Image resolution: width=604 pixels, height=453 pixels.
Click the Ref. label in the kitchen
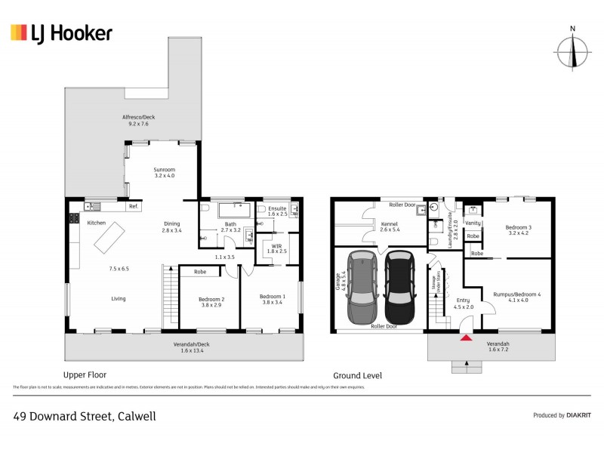pyautogui.click(x=134, y=206)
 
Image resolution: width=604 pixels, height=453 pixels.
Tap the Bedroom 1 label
pyautogui.click(x=272, y=300)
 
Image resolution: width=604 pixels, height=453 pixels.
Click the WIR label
pyautogui.click(x=277, y=248)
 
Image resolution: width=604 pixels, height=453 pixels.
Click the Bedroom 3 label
pyautogui.click(x=519, y=230)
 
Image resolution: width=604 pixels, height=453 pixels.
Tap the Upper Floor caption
pyautogui.click(x=85, y=374)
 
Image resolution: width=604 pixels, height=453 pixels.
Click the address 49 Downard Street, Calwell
pyautogui.click(x=85, y=415)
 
